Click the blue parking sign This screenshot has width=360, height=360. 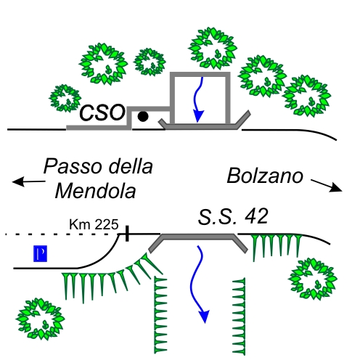(40, 253)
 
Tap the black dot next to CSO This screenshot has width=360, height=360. (143, 116)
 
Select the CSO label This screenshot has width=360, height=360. (102, 112)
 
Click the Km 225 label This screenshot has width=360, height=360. (94, 224)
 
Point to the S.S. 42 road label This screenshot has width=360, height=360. (233, 216)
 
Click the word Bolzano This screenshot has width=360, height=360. (265, 176)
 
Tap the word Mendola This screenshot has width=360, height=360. (95, 191)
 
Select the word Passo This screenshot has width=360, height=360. (73, 166)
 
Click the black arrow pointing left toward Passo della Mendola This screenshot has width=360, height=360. (28, 181)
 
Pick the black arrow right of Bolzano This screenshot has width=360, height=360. (327, 185)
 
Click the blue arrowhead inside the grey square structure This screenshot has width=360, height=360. (199, 116)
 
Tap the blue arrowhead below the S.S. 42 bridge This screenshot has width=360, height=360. (204, 316)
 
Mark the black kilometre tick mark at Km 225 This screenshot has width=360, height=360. (127, 234)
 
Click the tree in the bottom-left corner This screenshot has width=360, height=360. (40, 319)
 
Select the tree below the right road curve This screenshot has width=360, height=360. (313, 279)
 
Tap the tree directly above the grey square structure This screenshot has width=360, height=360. (213, 48)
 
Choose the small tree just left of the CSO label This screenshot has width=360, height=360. (65, 98)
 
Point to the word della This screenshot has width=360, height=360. (131, 166)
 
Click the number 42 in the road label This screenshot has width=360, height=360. (256, 216)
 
